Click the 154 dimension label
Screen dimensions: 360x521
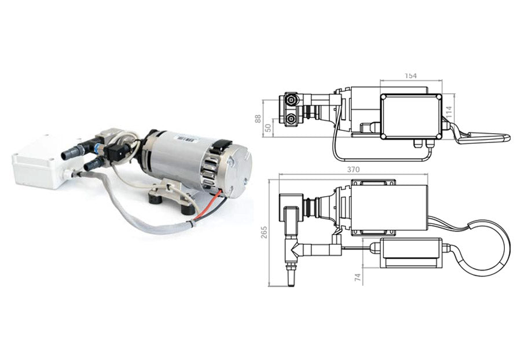[411, 76]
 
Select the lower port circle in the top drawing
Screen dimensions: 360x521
[292, 120]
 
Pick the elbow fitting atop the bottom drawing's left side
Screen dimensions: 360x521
[290, 205]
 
